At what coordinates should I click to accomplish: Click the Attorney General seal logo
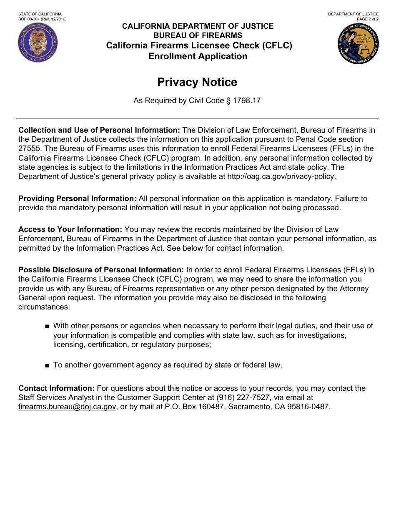click(x=358, y=43)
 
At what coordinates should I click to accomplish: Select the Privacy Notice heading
click(x=197, y=82)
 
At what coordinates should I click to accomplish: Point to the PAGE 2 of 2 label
click(x=368, y=19)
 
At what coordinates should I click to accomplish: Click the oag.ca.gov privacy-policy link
click(x=281, y=176)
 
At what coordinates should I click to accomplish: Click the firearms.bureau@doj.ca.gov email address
click(x=67, y=407)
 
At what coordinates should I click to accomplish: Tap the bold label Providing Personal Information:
click(x=77, y=199)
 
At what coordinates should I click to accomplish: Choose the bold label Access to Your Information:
click(x=70, y=229)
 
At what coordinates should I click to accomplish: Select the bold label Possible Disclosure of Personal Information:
click(x=101, y=270)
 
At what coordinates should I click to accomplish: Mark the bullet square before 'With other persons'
click(x=47, y=326)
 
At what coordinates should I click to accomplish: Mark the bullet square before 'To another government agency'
click(x=47, y=365)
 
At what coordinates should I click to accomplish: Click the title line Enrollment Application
click(x=198, y=56)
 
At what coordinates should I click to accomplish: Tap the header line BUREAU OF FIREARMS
click(x=198, y=35)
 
